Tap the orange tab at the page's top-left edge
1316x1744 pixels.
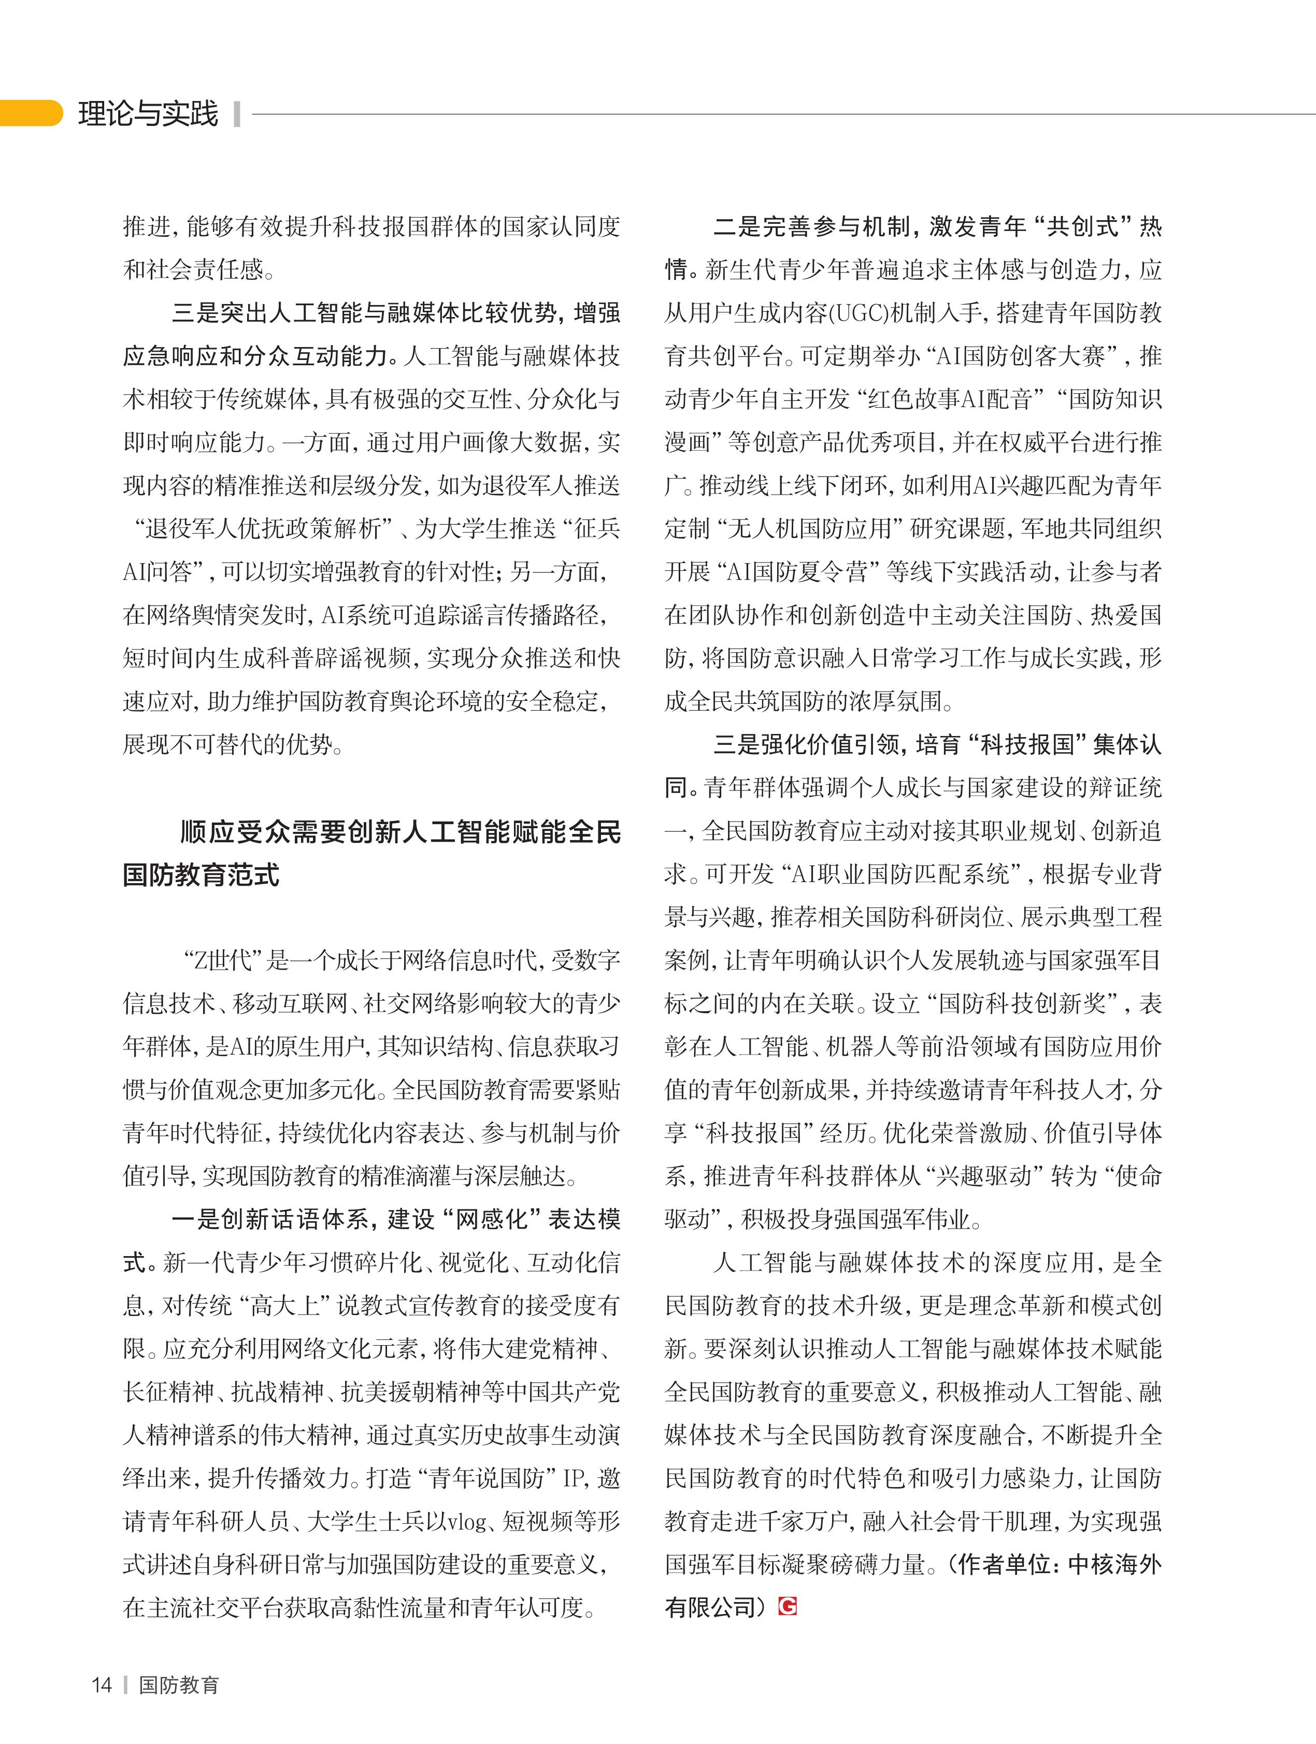pos(30,113)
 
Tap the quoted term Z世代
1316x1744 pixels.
pos(223,960)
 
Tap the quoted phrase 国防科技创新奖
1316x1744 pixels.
pos(1029,1004)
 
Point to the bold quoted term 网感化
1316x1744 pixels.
pos(493,1220)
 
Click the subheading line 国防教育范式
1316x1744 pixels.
pos(201,875)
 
